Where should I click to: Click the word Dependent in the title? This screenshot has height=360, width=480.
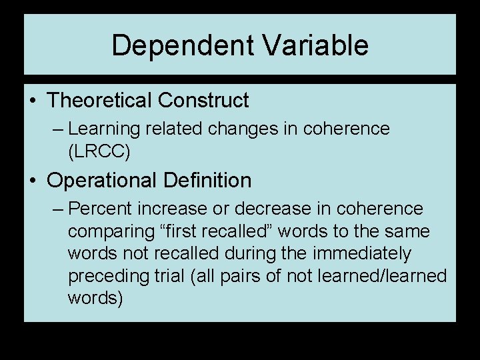point(183,46)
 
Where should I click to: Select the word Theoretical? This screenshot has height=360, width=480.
point(100,101)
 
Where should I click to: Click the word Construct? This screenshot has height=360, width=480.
point(203,101)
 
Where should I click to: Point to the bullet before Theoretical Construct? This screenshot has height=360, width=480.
point(33,101)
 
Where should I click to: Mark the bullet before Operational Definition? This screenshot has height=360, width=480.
point(33,181)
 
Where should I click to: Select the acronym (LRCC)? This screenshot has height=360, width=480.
point(99,151)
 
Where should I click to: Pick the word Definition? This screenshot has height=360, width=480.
point(211,180)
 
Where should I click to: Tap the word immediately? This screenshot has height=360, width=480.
point(359,254)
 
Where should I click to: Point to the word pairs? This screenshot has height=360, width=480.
point(249,276)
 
